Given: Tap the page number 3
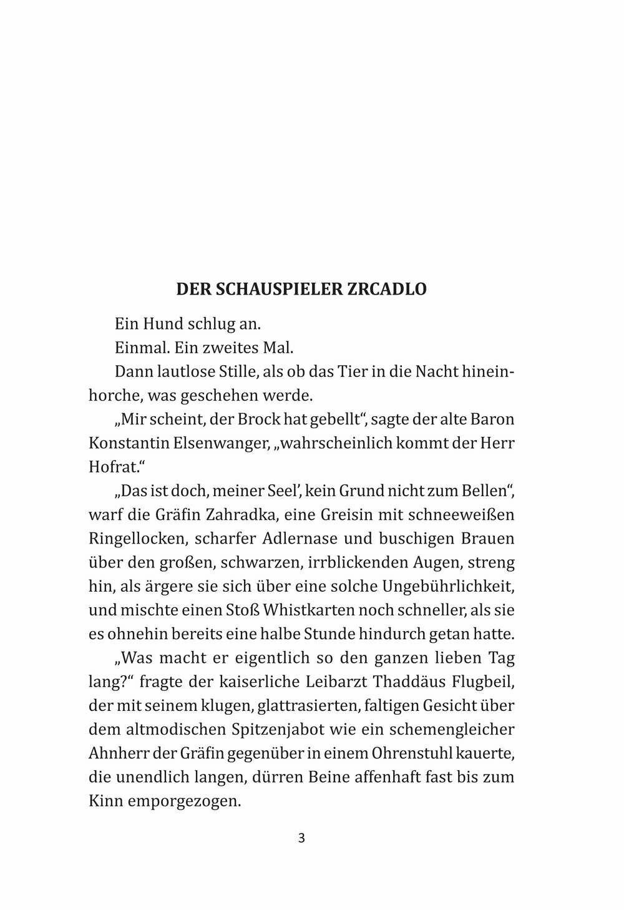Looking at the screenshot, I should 301,838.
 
